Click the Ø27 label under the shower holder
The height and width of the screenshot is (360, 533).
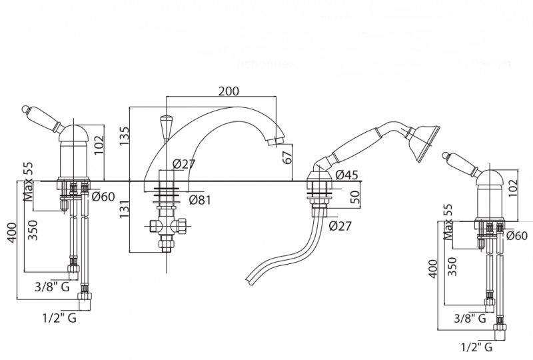point(340,225)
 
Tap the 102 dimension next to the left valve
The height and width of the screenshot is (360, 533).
point(99,144)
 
